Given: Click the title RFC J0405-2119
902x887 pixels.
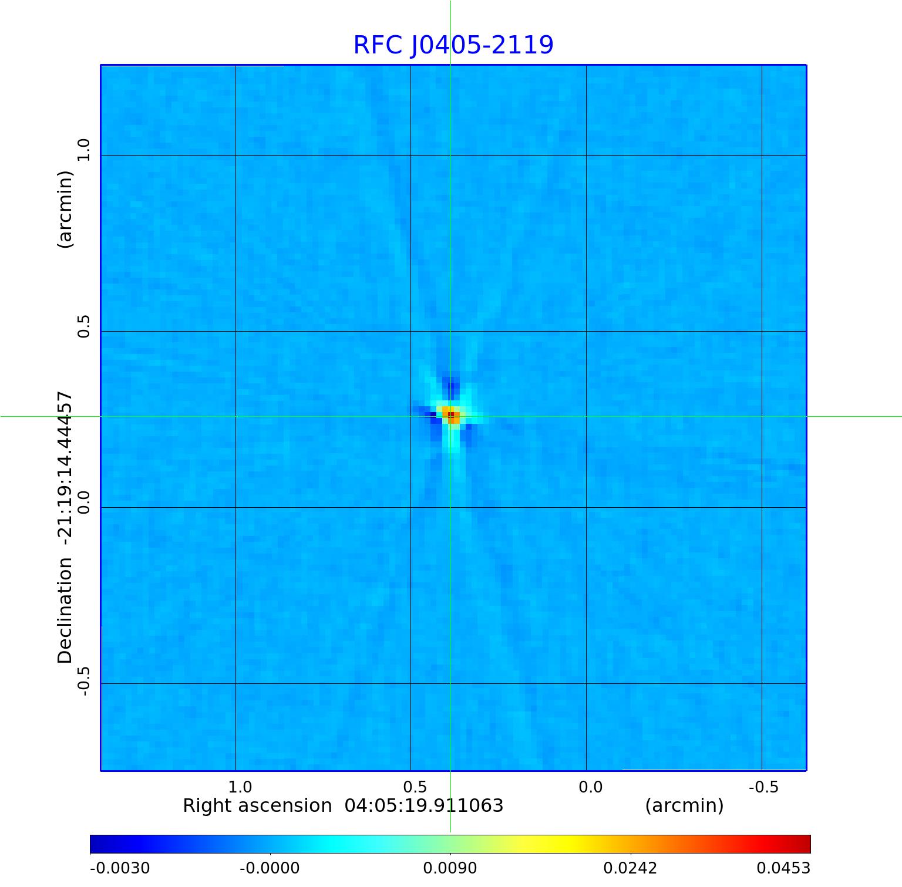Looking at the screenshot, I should click(x=453, y=45).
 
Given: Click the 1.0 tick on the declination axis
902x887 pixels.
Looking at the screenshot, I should click(x=84, y=150).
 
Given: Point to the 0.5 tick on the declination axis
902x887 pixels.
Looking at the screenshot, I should click(x=84, y=326).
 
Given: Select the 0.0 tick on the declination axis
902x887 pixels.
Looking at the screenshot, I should click(x=84, y=502).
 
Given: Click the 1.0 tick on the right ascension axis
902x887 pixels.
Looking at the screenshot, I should click(x=240, y=787).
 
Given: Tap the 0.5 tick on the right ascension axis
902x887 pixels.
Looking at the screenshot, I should click(x=415, y=787).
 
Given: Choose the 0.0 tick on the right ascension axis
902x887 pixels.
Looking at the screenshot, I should click(x=591, y=787).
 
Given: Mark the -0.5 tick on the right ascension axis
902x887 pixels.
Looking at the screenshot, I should click(x=763, y=787).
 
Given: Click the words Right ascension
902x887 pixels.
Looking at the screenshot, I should click(x=257, y=805).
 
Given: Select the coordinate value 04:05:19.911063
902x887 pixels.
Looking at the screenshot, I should click(x=424, y=805).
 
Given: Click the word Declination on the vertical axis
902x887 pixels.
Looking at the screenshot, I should click(x=65, y=611).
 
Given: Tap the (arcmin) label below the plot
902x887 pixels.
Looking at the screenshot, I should click(x=684, y=805).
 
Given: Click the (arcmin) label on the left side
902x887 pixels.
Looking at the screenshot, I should click(x=65, y=210).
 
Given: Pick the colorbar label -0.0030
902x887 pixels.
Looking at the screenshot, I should click(x=120, y=868).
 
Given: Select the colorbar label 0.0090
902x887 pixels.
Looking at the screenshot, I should click(x=450, y=868).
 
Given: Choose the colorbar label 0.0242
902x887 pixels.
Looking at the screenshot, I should click(x=630, y=868).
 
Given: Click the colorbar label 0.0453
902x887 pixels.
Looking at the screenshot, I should click(x=783, y=868).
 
